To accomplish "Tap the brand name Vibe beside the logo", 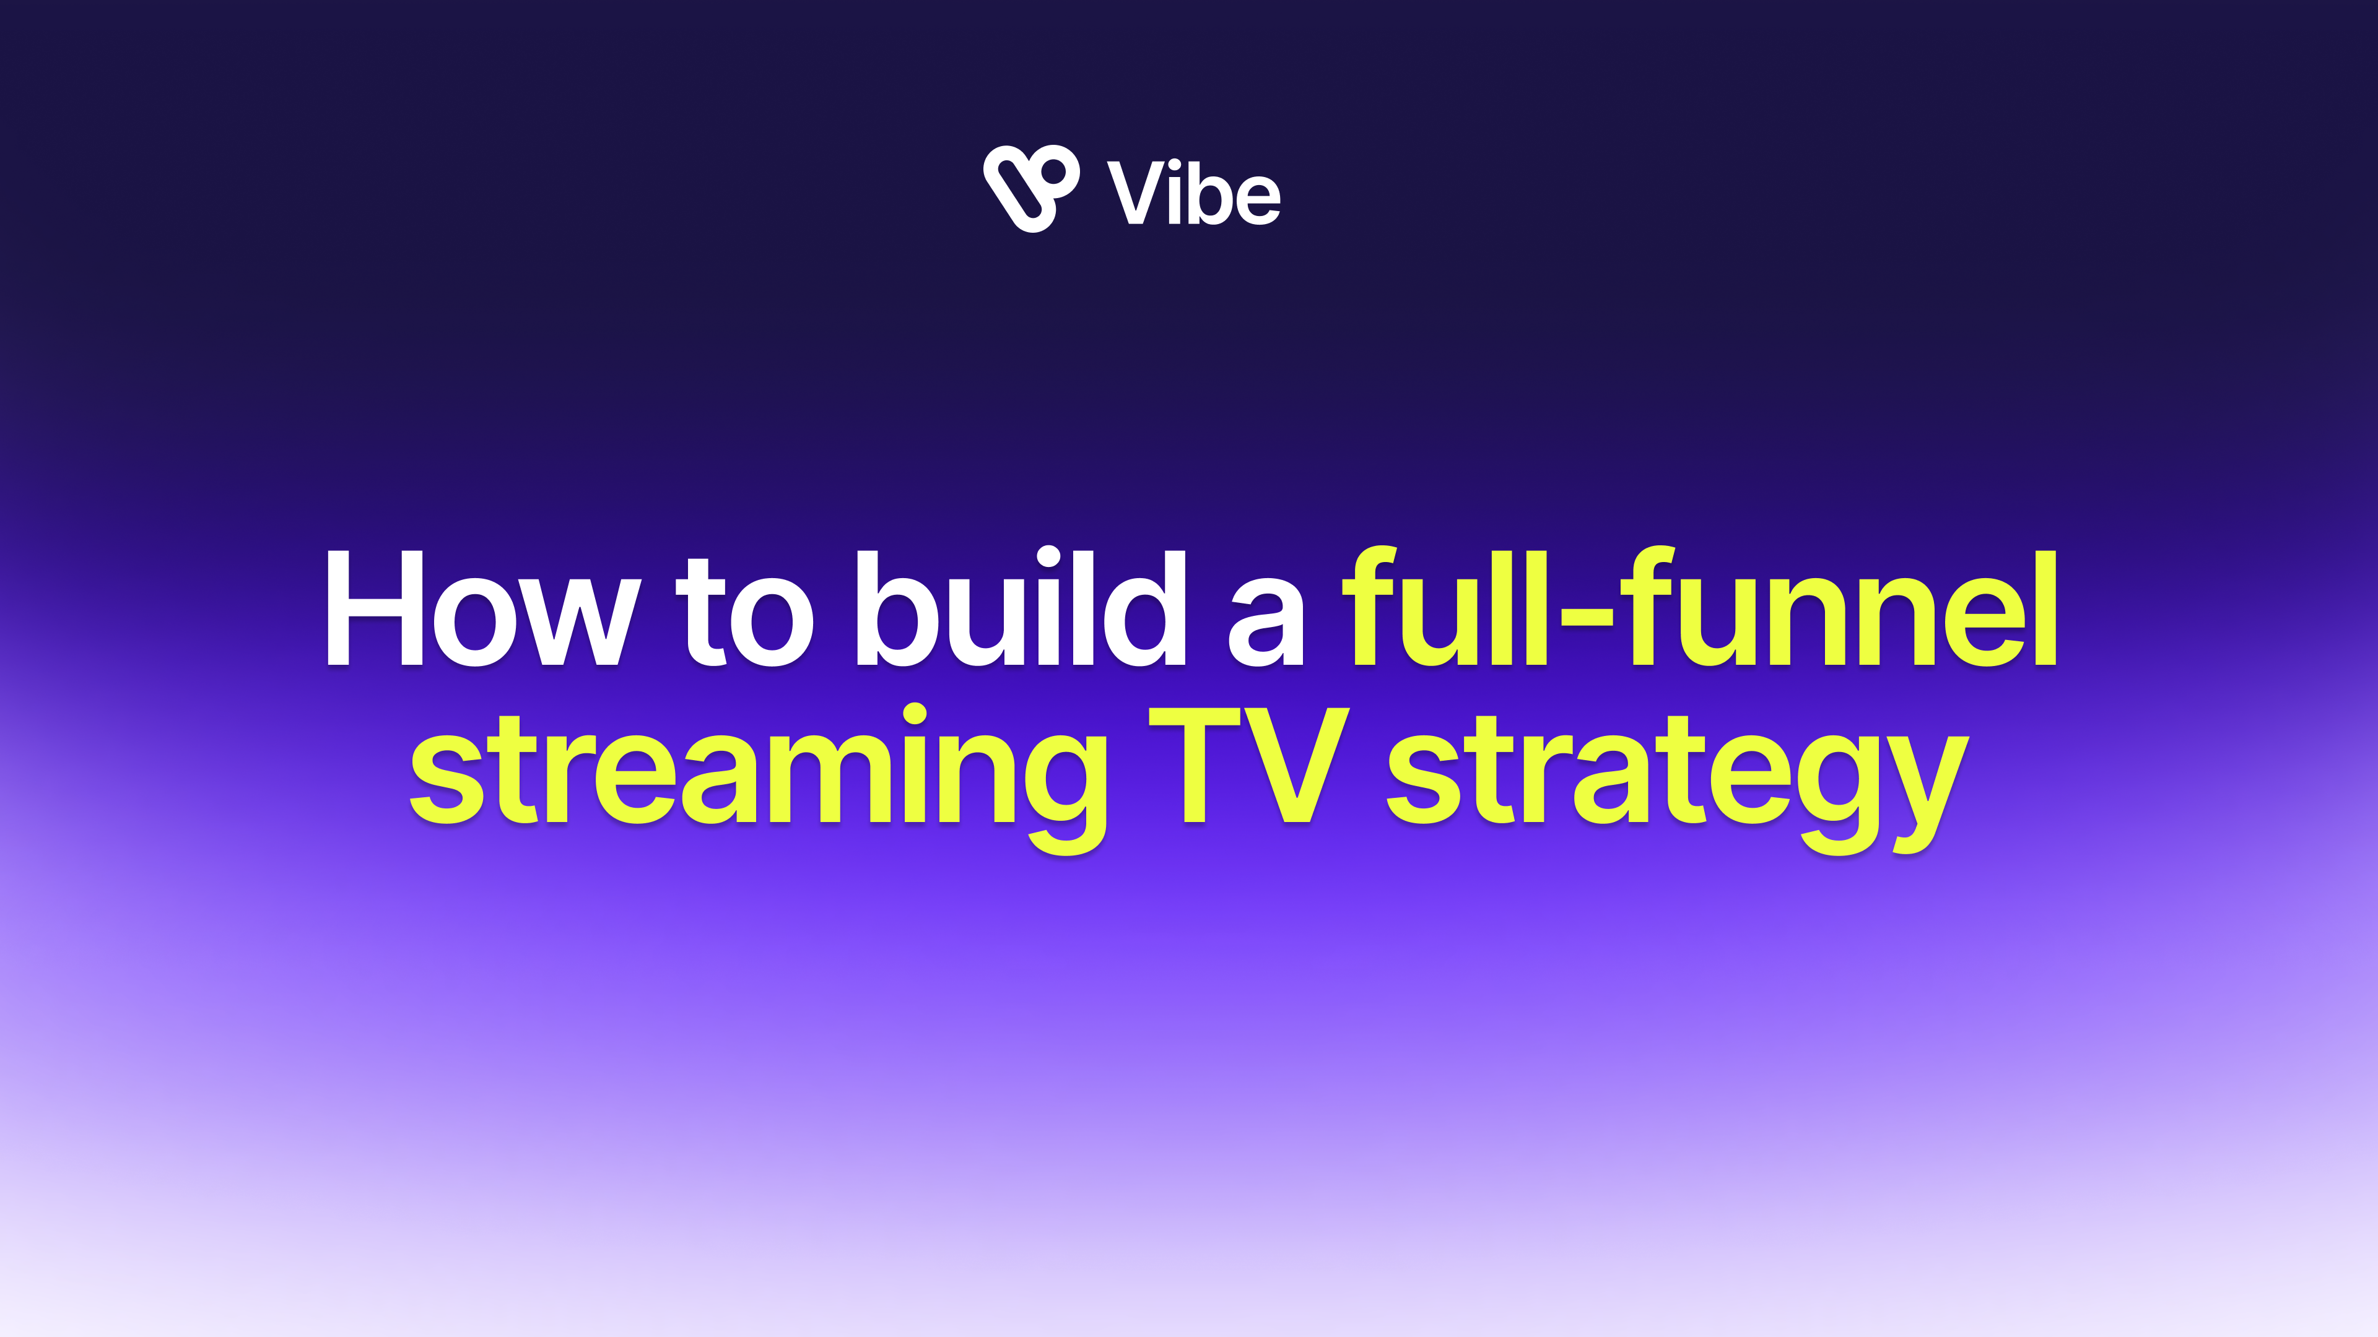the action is [x=1193, y=193].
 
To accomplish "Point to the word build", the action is [x=1020, y=606].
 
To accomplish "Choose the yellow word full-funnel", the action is [x=1701, y=606].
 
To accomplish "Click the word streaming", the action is [x=758, y=779].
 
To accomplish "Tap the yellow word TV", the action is [x=1249, y=765].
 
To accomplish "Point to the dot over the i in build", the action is [x=1048, y=556].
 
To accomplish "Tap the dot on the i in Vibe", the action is [x=1175, y=166].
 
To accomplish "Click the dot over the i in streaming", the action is [x=915, y=714].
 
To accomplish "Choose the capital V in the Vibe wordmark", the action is [x=1135, y=193].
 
